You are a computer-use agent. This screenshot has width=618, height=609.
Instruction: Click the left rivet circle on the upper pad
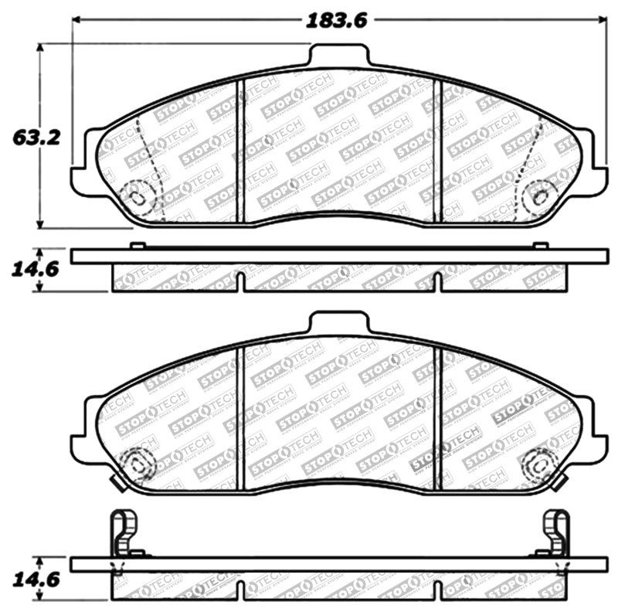[x=138, y=196]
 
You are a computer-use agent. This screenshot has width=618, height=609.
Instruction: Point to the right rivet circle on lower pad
[x=538, y=464]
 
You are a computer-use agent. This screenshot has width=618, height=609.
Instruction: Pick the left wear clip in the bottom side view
[x=120, y=533]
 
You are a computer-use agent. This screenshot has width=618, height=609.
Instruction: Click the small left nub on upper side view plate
[x=138, y=246]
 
